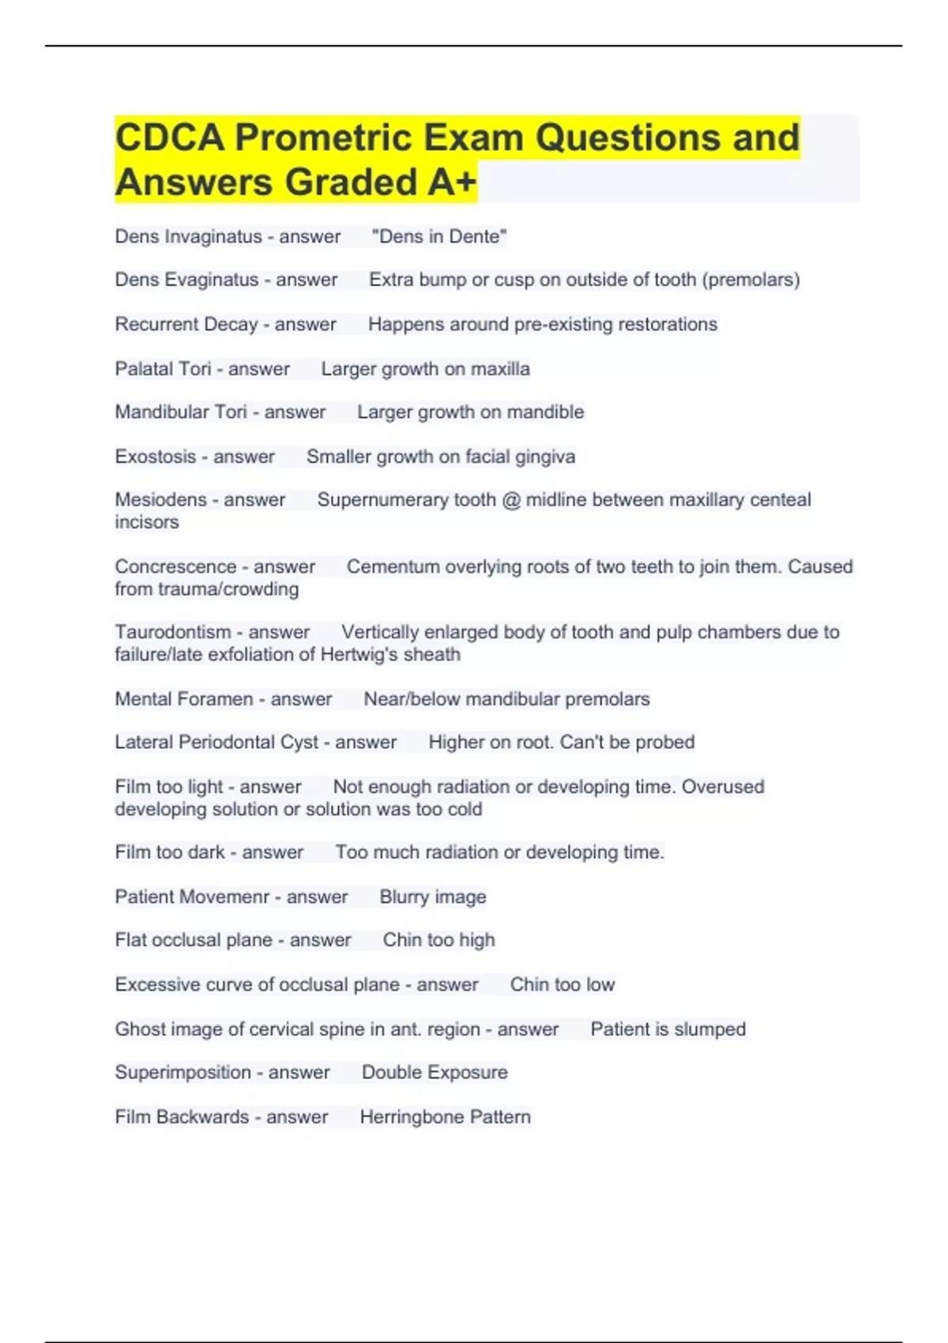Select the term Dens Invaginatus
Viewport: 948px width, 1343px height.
tap(188, 237)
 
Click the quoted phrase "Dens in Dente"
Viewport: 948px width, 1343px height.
tap(439, 237)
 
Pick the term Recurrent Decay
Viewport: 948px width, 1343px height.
tap(186, 325)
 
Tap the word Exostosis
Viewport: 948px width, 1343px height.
tap(155, 457)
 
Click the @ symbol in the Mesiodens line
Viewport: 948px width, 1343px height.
tap(511, 500)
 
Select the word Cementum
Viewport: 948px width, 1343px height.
tap(386, 566)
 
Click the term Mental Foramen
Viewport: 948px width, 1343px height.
tap(184, 699)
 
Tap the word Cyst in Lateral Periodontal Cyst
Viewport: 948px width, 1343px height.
tap(299, 743)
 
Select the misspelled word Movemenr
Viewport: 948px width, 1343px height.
tap(231, 897)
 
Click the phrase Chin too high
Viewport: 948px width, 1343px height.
tap(438, 940)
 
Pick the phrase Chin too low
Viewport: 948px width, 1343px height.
tap(562, 984)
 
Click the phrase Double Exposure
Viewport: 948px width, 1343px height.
tap(434, 1073)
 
